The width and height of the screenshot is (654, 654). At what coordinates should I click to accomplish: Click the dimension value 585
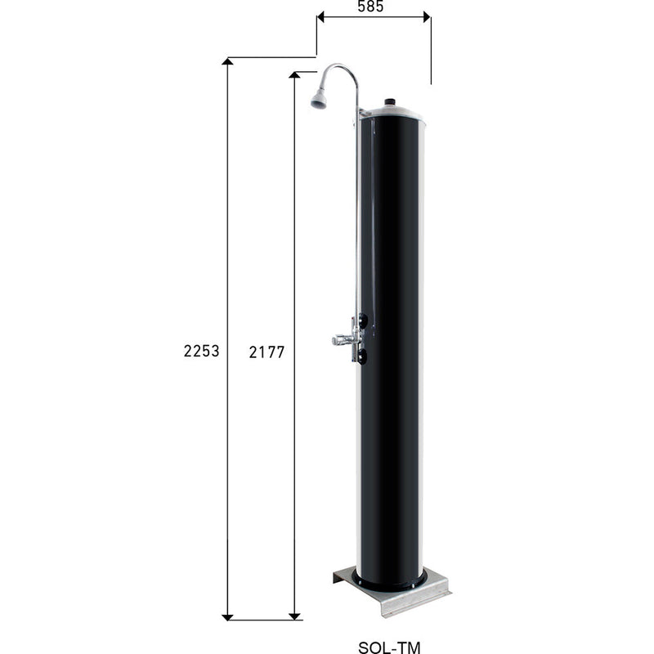tap(373, 6)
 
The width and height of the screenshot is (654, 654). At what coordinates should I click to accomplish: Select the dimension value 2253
tap(201, 352)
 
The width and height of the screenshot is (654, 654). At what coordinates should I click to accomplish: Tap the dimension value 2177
tap(266, 352)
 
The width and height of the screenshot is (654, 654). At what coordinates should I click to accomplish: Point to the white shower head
tap(318, 101)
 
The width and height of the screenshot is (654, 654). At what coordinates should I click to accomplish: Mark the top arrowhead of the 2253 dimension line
tap(228, 65)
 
